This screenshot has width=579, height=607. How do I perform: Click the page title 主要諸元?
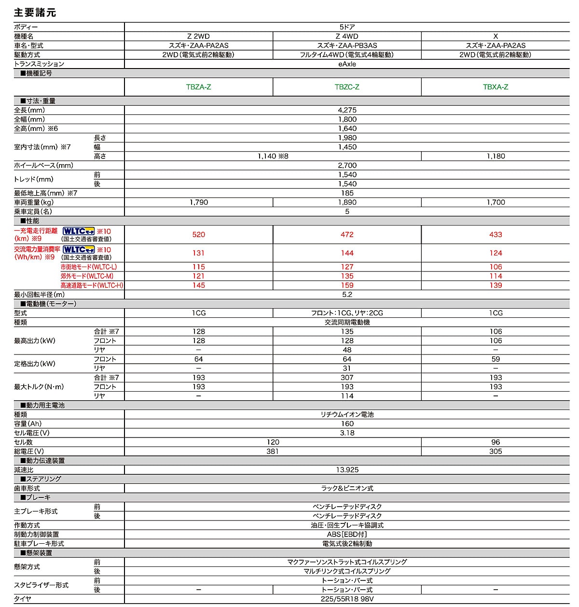(35, 12)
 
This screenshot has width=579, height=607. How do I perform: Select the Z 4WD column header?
(347, 36)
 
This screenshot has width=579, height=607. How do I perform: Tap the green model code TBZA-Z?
(198, 87)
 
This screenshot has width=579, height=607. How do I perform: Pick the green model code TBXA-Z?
(496, 87)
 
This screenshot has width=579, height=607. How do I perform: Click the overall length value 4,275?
(347, 110)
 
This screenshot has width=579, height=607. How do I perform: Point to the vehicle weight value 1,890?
(347, 202)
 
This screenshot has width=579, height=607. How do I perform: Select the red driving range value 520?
(198, 235)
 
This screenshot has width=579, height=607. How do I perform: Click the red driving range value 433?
(496, 235)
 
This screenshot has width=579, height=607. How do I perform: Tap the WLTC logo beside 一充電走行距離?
(79, 231)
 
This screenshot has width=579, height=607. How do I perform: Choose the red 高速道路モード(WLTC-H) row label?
(92, 285)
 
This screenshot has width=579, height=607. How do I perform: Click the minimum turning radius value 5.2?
(347, 295)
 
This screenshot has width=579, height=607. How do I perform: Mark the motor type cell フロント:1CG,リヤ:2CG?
(347, 313)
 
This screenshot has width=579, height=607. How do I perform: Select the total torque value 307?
(347, 378)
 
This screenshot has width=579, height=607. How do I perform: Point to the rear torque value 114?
(347, 396)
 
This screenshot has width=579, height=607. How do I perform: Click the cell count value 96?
(496, 442)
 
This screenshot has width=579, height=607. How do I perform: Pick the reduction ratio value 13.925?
(347, 470)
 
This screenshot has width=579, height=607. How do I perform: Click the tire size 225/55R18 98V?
(347, 599)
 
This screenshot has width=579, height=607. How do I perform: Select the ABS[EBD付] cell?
(347, 535)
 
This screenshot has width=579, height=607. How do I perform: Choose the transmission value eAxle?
(347, 64)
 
